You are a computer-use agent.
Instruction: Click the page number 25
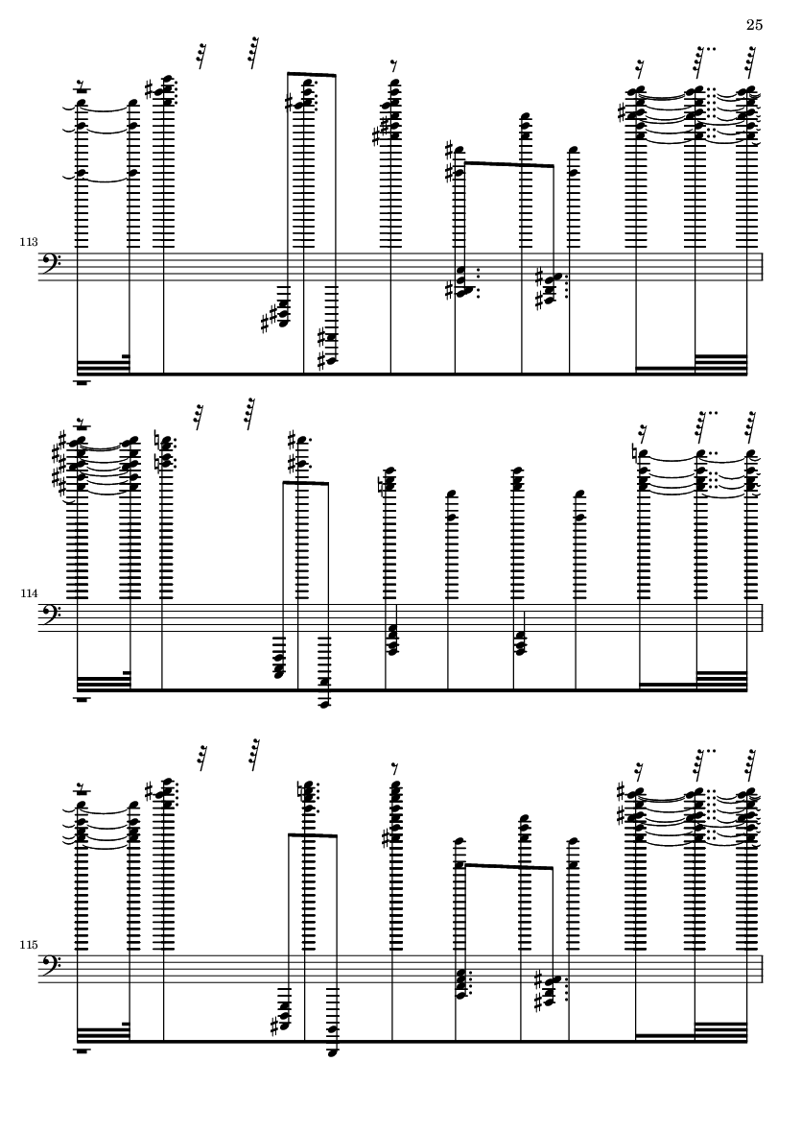coord(754,25)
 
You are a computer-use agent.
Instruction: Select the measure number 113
coord(28,242)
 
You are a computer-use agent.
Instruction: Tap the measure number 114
coord(28,593)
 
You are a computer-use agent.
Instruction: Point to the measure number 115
coord(28,945)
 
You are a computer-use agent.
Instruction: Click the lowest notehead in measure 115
coord(332,1052)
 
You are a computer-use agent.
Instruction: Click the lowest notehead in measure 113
coord(331,361)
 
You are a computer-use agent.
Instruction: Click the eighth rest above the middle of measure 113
coord(393,66)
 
